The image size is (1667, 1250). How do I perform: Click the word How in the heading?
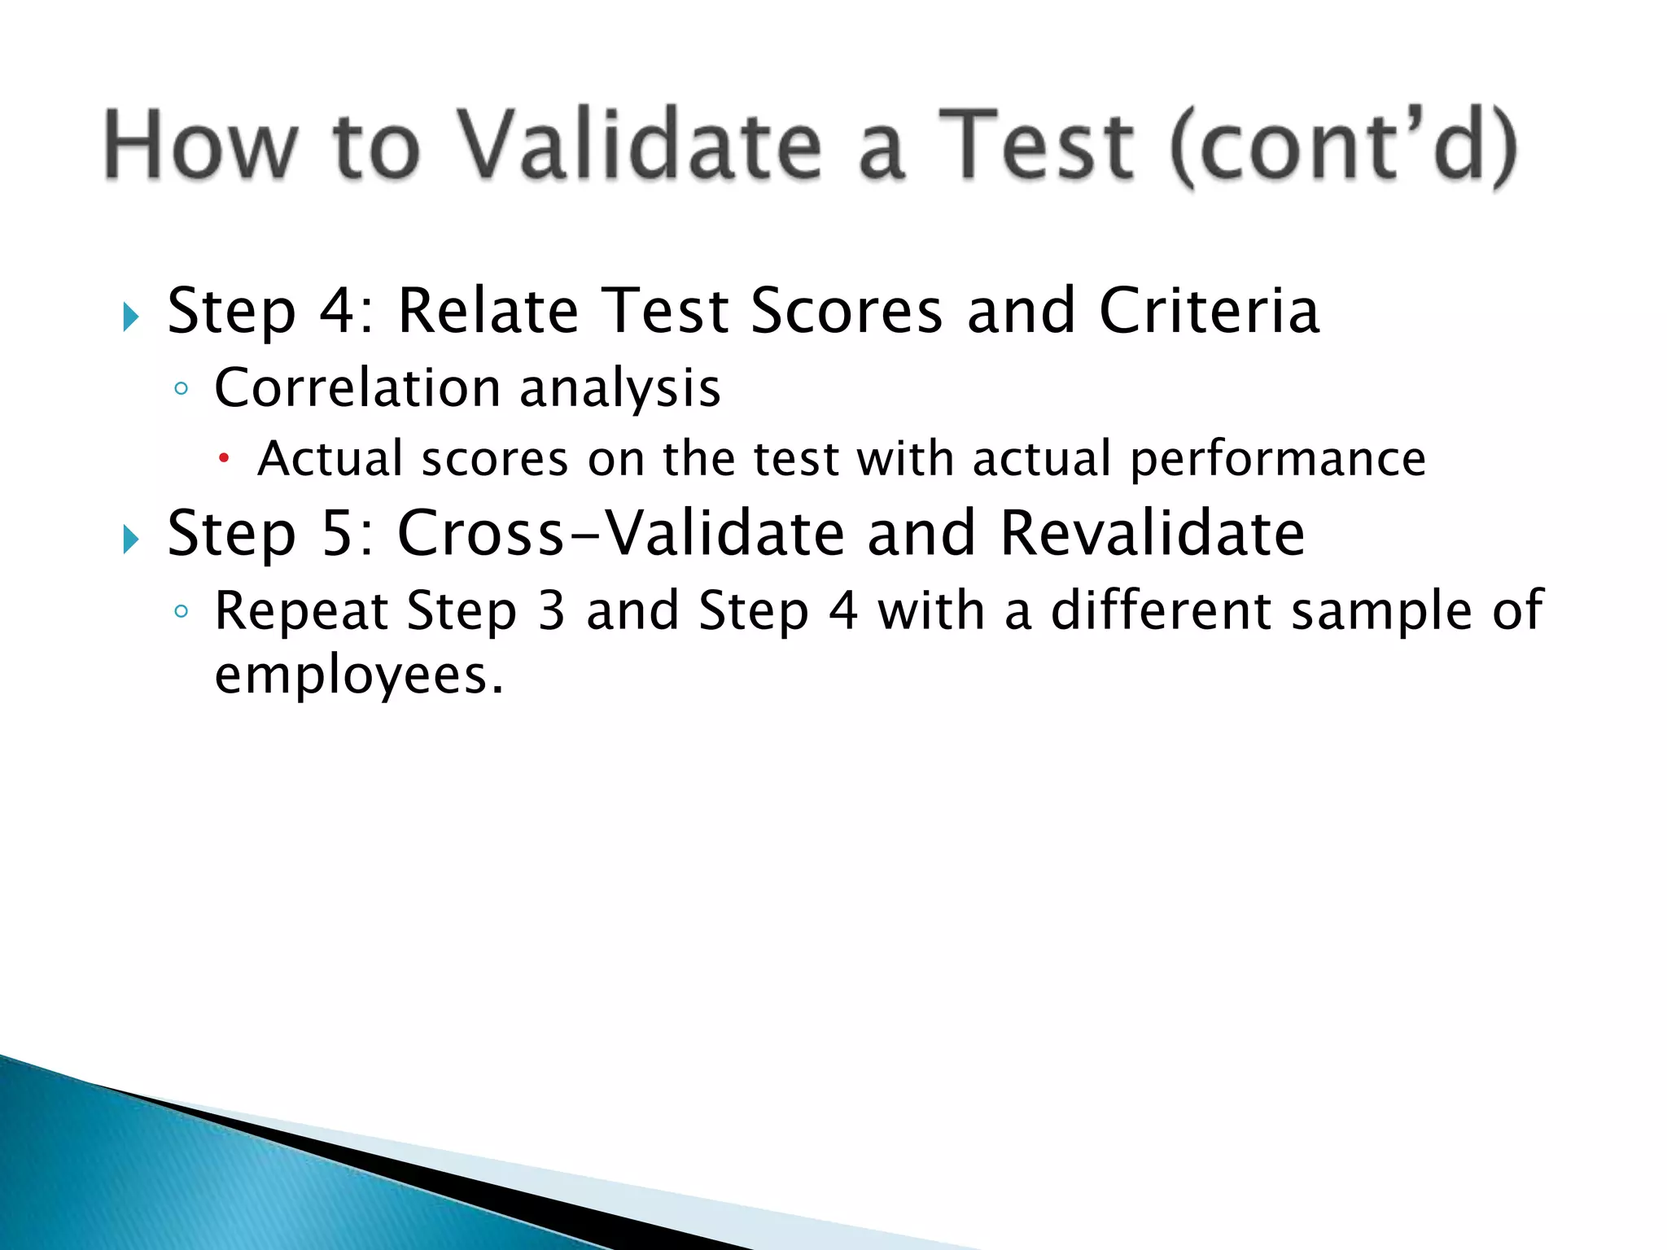coord(199,146)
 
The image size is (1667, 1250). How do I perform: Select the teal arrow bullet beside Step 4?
coord(131,317)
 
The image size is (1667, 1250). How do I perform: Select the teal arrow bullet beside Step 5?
coord(131,539)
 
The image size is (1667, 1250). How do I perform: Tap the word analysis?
coord(620,389)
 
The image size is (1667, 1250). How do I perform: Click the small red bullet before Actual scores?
coord(224,460)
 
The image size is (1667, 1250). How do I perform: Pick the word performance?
coord(1278,460)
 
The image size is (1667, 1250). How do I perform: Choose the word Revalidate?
coord(1152,533)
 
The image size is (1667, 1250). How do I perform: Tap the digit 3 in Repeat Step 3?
coord(551,612)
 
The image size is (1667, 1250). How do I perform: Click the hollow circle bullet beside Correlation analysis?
coord(182,390)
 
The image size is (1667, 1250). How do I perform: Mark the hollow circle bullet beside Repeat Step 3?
coord(182,612)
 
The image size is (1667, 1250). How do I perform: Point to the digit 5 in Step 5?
coord(338,534)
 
